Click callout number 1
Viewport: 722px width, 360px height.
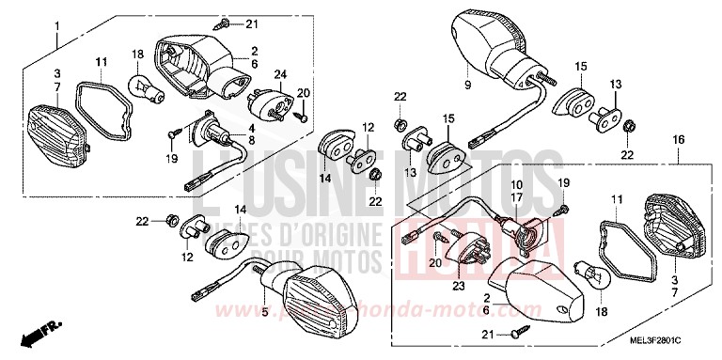55,22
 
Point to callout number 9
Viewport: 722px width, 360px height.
467,84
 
